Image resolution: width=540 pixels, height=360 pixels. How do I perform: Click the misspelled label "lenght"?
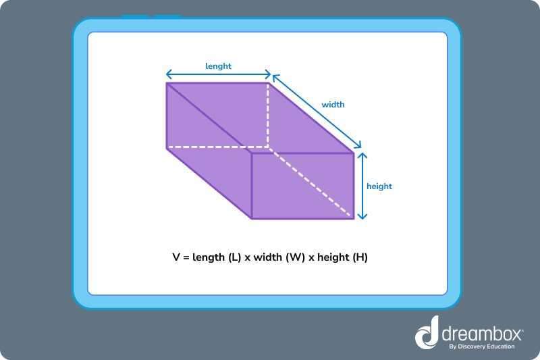(x=218, y=66)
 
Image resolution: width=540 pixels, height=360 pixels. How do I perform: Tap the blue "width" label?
(x=333, y=105)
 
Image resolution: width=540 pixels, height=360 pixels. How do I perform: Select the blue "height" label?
(x=379, y=186)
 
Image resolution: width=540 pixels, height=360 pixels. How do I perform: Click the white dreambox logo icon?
(x=427, y=334)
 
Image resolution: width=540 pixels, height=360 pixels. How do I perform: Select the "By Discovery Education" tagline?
(x=482, y=346)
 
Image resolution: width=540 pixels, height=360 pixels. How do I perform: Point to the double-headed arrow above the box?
(x=218, y=74)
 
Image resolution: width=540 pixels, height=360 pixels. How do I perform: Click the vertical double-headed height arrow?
(x=362, y=186)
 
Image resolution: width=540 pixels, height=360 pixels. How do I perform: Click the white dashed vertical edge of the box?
(x=269, y=115)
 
